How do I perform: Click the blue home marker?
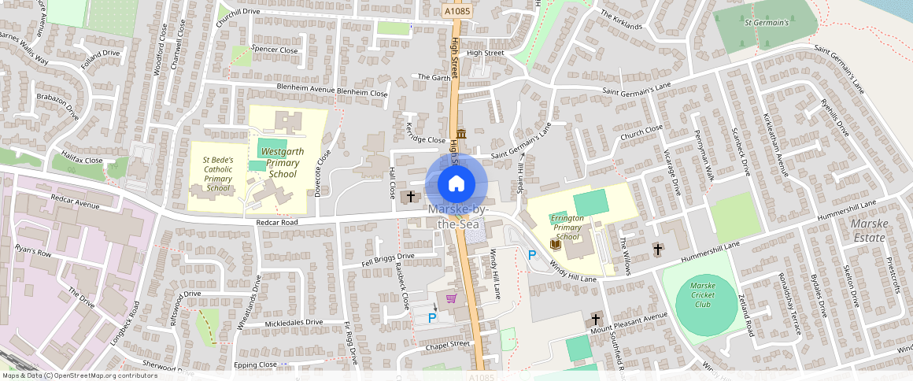tap(456, 184)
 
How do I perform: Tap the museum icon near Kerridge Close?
tap(460, 133)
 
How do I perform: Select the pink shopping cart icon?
tap(452, 298)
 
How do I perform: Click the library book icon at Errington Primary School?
tap(555, 246)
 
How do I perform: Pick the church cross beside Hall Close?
tap(411, 195)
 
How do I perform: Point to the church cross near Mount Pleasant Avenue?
tap(596, 320)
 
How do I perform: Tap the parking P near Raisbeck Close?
tap(431, 317)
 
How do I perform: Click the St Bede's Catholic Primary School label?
tap(217, 174)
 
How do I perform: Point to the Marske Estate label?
tap(870, 230)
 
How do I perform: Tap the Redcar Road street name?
tap(276, 223)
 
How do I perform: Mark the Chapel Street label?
tap(447, 344)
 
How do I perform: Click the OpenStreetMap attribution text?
tap(79, 375)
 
